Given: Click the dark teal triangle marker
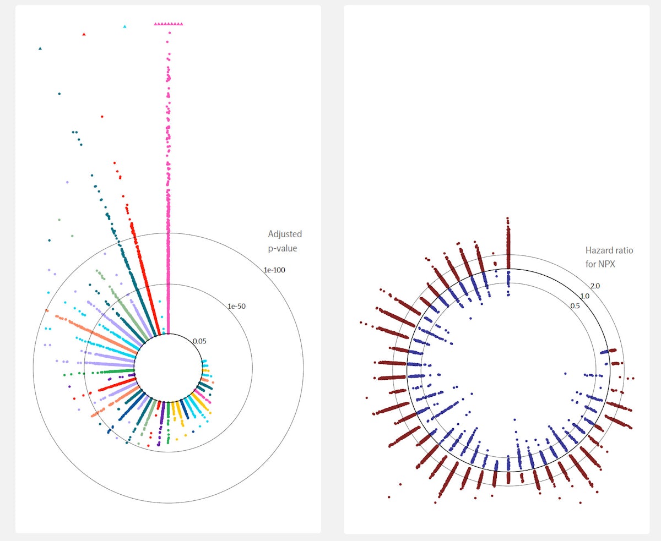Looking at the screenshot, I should [40, 48].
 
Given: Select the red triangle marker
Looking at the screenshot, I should [84, 34].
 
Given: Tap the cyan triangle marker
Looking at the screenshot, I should [124, 26].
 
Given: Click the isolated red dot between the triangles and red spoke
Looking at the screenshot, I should [102, 117].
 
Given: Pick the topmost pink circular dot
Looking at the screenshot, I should [169, 33].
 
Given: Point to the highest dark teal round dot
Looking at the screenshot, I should [59, 94].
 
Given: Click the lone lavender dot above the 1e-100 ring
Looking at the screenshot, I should [67, 182].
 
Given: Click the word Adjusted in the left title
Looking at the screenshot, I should [285, 234].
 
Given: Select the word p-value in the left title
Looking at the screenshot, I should [283, 248].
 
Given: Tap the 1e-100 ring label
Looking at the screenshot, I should [275, 270].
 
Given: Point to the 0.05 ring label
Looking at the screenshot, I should [199, 341].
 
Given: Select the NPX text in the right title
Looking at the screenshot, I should [606, 264].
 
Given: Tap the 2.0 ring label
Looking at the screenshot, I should [595, 286].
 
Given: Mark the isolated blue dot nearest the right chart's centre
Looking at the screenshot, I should [565, 374].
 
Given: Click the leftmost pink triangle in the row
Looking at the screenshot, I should [156, 24].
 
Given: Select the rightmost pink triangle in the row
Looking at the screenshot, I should [182, 24].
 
